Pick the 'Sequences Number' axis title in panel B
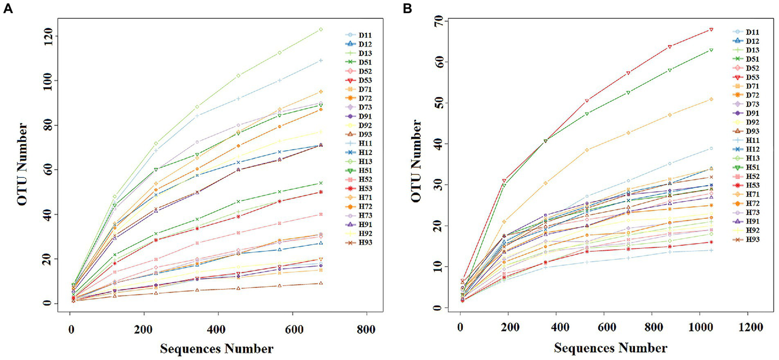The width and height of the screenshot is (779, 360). tap(611, 348)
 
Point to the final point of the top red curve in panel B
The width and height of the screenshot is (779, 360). tap(712, 29)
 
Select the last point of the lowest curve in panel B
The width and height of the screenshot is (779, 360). tap(712, 250)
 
